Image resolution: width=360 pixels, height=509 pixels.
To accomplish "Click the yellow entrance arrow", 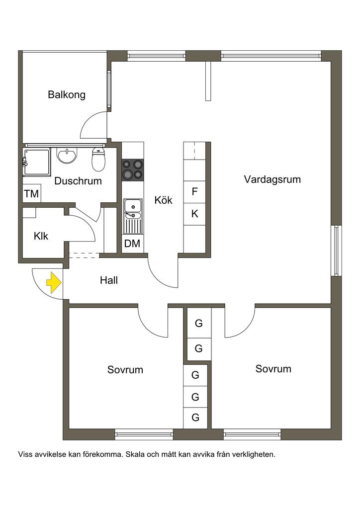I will point(53,283).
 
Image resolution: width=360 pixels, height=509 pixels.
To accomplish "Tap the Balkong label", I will point(67,94).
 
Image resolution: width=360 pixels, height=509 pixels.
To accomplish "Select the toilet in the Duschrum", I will point(98,160).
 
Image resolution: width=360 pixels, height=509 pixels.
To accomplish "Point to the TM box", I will point(31,194).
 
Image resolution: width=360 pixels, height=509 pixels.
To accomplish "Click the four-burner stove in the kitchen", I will point(133,169).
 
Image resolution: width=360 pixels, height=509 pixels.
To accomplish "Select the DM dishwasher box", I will point(132,244).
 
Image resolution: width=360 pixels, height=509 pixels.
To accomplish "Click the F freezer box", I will point(195,191).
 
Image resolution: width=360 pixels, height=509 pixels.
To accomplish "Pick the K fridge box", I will point(195,214).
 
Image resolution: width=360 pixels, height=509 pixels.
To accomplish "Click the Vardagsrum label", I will point(272,179).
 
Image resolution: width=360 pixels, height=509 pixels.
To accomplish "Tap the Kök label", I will point(164,200).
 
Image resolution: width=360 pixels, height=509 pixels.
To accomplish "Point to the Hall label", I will point(109,280).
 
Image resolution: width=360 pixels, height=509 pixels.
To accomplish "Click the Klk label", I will point(41,236).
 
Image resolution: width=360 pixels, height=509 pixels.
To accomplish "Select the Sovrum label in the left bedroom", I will point(125,370).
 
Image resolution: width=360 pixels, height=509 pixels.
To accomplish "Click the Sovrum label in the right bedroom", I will point(273,369).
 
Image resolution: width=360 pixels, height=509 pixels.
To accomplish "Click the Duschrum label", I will point(78,181).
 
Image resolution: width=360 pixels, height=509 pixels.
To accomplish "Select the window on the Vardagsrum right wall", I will point(337,251).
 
